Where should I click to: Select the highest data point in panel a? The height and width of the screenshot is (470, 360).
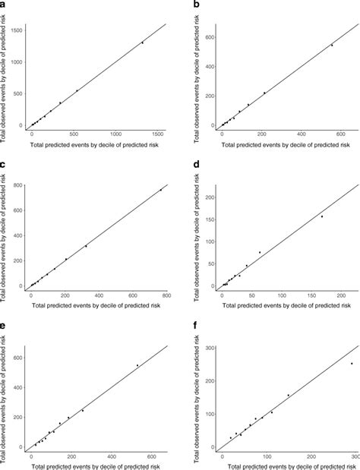pyautogui.click(x=142, y=43)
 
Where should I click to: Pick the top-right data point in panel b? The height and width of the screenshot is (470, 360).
pyautogui.click(x=331, y=45)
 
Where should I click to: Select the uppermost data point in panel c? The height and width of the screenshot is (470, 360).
pyautogui.click(x=161, y=190)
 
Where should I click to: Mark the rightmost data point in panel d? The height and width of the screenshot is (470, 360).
pyautogui.click(x=322, y=216)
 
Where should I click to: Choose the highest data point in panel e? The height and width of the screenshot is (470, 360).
pyautogui.click(x=137, y=365)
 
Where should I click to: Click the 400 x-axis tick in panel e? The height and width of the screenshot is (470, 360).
pyautogui.click(x=112, y=456)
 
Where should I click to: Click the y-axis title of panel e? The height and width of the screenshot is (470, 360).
pyautogui.click(x=5, y=396)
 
